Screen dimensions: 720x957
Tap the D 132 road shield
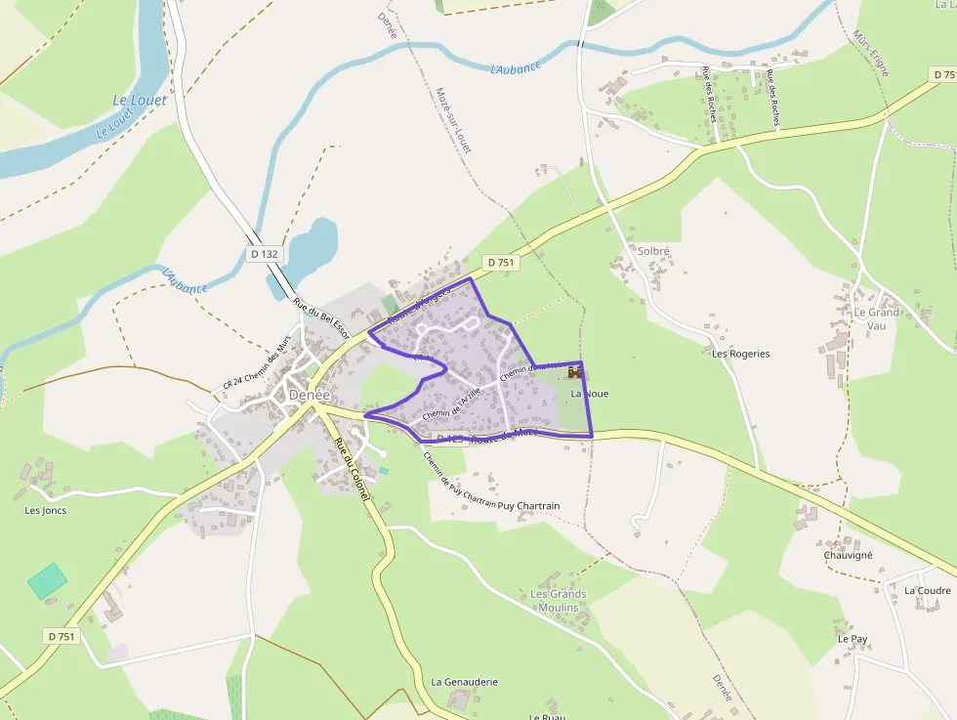(264, 254)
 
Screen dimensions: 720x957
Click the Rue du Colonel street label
(351, 470)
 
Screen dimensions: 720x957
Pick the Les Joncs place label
(46, 510)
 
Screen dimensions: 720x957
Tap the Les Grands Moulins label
(559, 601)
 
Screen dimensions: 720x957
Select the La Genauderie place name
(465, 682)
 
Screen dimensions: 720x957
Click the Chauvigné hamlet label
(848, 555)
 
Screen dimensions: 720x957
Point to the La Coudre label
(927, 591)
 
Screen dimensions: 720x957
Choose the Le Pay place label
(853, 639)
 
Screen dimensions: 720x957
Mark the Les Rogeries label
(740, 354)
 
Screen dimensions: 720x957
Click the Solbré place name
(653, 251)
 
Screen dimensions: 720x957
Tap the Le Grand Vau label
(876, 318)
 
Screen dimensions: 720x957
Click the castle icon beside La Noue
(574, 372)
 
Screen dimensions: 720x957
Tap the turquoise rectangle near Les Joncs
(47, 580)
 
